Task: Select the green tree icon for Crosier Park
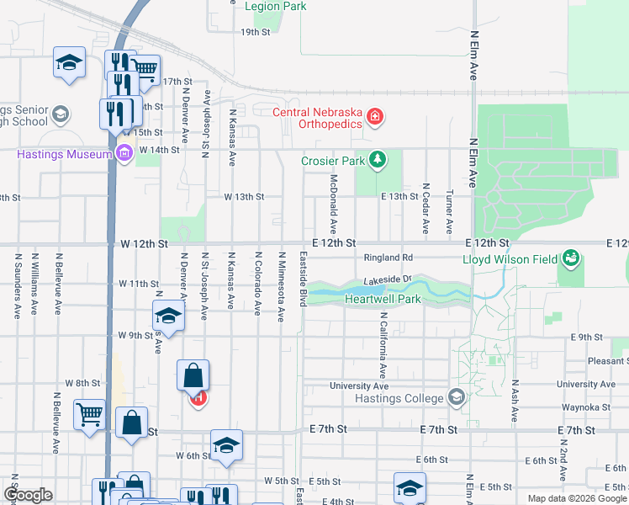coord(378,158)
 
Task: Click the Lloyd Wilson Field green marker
coord(571,257)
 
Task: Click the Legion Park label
coord(275,6)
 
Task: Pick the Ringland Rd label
coord(388,258)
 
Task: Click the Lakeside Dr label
coord(388,279)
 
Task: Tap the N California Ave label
coord(383,345)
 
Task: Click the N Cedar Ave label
coord(425,208)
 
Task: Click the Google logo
coord(28,495)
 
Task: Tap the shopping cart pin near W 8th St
coord(89,414)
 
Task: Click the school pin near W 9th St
coord(168,316)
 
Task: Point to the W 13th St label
coord(244,197)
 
